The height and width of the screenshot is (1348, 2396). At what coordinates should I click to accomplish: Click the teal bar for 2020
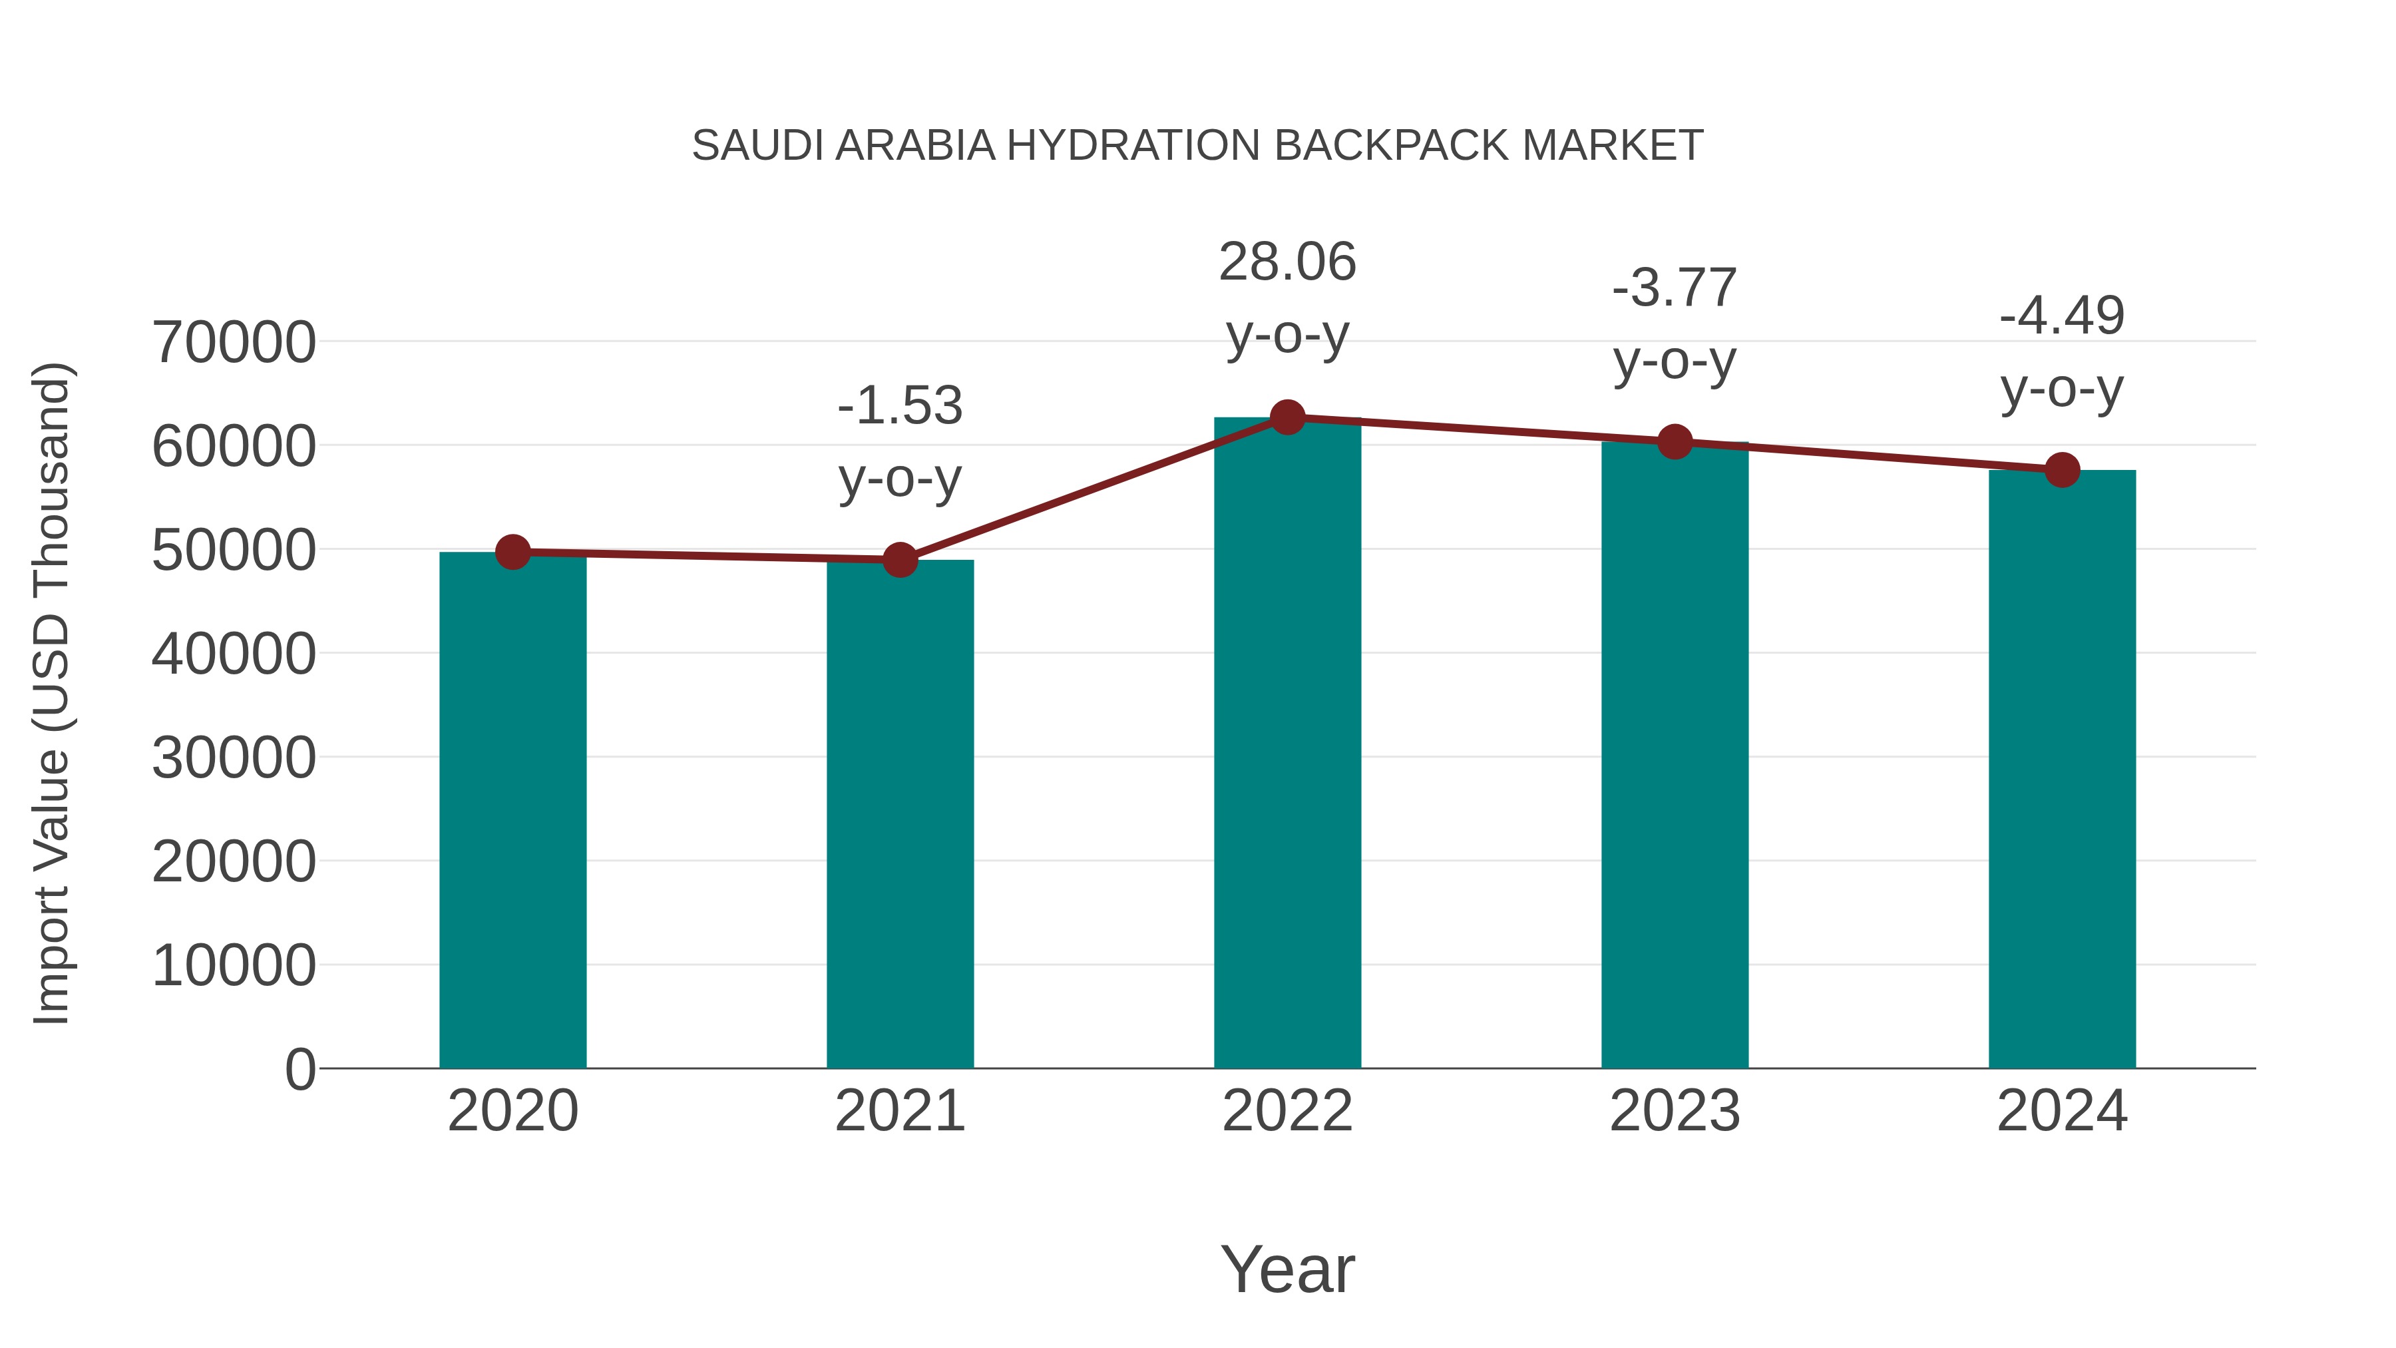coord(512,809)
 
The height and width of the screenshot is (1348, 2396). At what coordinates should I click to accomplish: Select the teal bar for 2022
coord(1287,744)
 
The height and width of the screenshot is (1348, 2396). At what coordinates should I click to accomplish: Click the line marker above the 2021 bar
coord(899,560)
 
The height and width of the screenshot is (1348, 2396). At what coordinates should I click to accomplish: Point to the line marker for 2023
coord(1675,442)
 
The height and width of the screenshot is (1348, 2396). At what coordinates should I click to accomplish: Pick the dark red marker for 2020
coord(512,553)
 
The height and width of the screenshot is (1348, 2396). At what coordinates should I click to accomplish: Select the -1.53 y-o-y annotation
coord(899,442)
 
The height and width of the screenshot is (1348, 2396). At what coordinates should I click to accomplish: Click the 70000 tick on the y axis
coord(234,342)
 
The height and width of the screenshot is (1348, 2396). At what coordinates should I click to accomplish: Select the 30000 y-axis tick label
coord(234,758)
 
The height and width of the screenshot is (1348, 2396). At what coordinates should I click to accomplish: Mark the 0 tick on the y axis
coord(299,1070)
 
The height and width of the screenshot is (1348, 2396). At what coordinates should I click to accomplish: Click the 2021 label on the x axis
coord(899,1111)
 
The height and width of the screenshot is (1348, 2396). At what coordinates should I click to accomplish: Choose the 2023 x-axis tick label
coord(1675,1111)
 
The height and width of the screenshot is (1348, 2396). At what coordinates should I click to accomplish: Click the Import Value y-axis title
coord(52,693)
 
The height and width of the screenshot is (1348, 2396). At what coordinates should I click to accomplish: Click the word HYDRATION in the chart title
coord(1133,146)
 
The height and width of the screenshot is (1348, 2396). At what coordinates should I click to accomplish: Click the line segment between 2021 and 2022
coord(1093,489)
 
